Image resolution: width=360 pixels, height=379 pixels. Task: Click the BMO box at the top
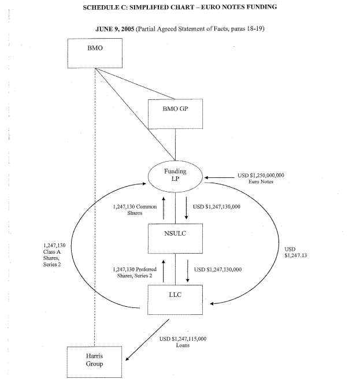click(x=95, y=54)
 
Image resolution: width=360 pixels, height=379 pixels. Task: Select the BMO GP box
click(x=176, y=113)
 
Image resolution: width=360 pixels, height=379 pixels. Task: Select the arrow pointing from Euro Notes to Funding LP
click(x=218, y=177)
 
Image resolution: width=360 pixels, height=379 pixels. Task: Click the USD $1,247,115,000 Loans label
click(x=183, y=341)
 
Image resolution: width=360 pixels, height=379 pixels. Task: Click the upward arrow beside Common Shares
click(x=164, y=207)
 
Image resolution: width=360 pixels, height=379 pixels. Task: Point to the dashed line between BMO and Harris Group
click(x=95, y=202)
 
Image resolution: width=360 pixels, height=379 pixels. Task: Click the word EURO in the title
click(x=232, y=6)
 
